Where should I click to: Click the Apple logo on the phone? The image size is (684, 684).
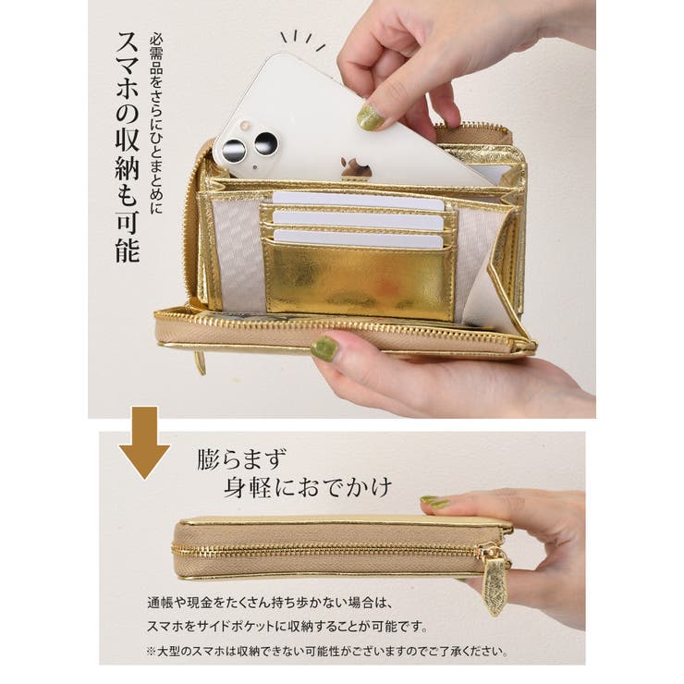356,167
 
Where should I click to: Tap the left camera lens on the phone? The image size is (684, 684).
234,151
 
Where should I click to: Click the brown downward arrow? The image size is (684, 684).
144,443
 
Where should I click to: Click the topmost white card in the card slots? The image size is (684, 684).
359,201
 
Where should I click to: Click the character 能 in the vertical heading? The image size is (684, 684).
128,250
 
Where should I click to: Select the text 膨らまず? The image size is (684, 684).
242,458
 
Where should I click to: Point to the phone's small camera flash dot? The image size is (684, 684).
245,125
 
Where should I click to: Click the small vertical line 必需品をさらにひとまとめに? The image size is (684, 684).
156,125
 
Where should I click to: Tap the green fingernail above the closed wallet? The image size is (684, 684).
435,502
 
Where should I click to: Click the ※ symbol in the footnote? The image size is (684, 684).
152,652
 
